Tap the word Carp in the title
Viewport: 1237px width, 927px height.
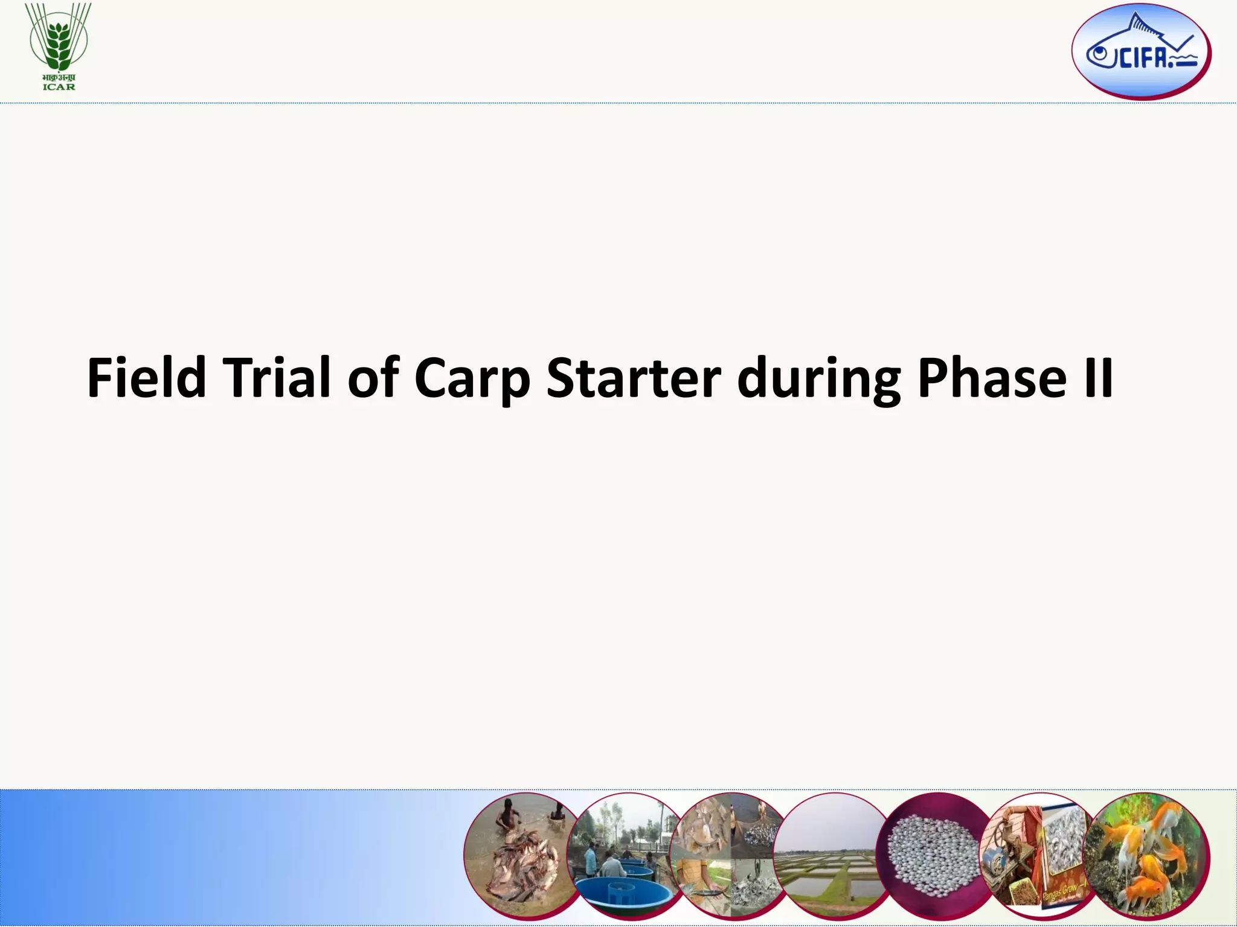(x=472, y=380)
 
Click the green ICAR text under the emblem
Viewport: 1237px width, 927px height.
(x=59, y=87)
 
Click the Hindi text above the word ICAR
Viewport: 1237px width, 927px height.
(x=59, y=78)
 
